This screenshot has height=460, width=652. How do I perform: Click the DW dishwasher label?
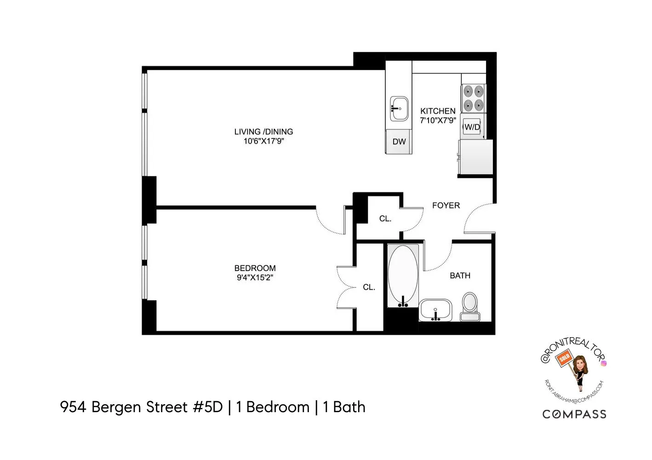click(x=399, y=142)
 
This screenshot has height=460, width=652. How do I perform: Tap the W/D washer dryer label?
click(x=472, y=127)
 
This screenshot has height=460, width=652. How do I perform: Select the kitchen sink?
click(x=399, y=109)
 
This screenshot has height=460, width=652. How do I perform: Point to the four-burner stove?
click(x=474, y=98)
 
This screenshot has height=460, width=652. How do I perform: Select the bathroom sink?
click(x=435, y=310)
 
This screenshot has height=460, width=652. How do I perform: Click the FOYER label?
click(x=446, y=206)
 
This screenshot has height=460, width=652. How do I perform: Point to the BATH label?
click(x=460, y=276)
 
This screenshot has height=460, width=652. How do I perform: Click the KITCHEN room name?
click(x=438, y=111)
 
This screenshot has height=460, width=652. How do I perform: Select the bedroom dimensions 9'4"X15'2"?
click(x=255, y=277)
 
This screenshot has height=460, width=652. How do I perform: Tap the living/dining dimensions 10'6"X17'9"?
click(x=263, y=141)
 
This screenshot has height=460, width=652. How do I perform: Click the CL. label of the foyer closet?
click(x=385, y=219)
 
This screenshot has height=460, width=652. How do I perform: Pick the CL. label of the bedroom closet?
click(x=369, y=287)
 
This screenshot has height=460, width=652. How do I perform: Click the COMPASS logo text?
click(x=574, y=414)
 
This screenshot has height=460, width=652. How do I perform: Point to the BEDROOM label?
click(x=255, y=268)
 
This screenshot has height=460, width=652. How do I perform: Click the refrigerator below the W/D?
click(x=475, y=157)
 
